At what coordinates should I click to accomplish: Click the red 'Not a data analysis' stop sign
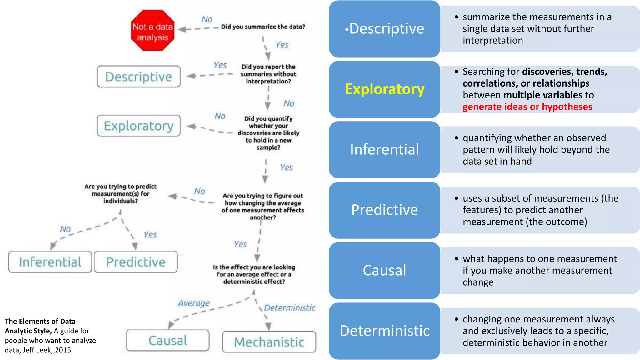click(152, 31)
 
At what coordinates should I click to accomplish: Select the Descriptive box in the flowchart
click(138, 77)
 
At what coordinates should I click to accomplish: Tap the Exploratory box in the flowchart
click(138, 126)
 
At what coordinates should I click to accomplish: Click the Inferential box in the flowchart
click(50, 262)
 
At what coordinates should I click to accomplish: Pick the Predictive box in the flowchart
click(136, 262)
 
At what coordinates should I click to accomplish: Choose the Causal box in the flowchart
click(167, 340)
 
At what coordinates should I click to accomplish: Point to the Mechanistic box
click(269, 342)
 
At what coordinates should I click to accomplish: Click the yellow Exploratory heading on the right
click(385, 89)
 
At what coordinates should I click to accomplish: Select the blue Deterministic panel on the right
click(385, 331)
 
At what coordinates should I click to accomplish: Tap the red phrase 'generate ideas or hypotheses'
click(527, 107)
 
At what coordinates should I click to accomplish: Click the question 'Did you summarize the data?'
click(263, 27)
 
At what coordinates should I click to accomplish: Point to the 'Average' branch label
click(194, 303)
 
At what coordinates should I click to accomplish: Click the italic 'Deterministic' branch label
click(289, 308)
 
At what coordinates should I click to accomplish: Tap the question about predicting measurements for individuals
click(121, 194)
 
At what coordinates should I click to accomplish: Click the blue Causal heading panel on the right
click(385, 270)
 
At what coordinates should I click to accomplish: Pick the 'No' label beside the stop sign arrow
click(207, 19)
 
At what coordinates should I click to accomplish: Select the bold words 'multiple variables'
click(543, 95)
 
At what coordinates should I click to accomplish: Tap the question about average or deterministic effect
click(254, 274)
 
